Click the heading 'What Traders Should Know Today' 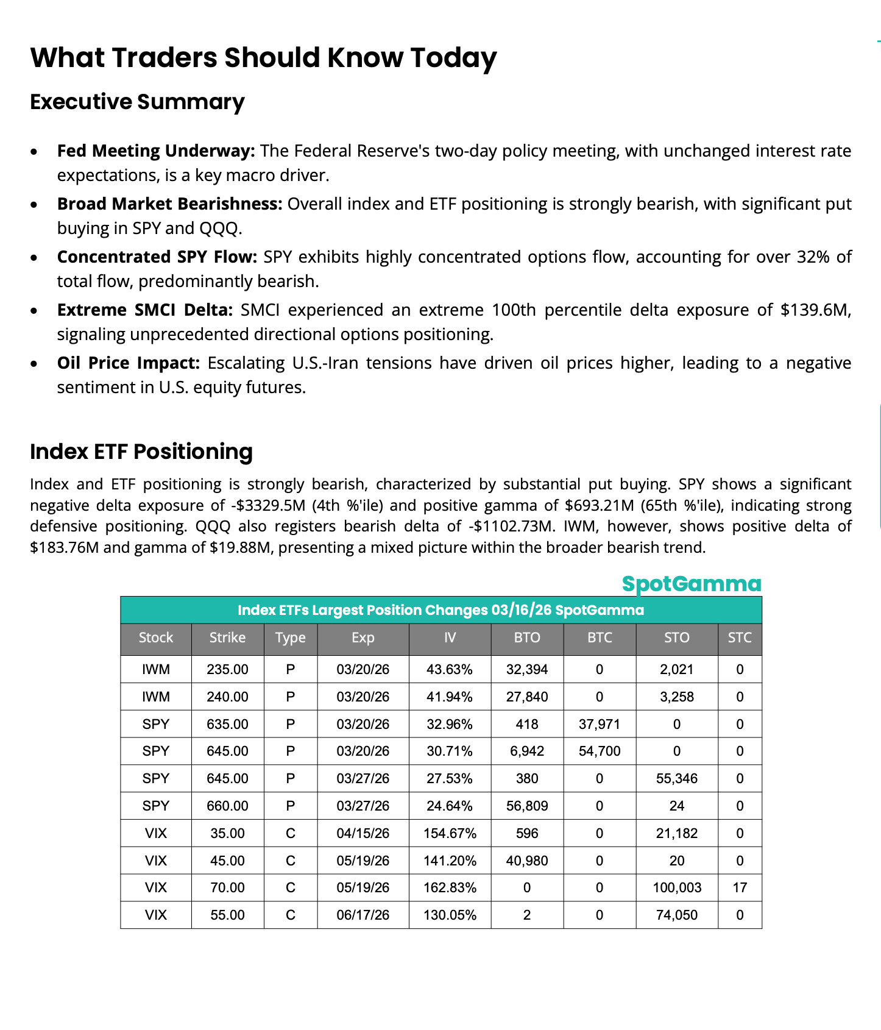[263, 58]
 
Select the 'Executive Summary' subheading [137, 102]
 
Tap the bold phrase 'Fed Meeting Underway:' [156, 151]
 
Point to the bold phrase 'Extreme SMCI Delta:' [145, 310]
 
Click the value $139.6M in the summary [815, 310]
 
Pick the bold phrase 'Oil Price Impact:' [129, 363]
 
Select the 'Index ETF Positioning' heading [141, 452]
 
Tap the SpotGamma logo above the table [692, 583]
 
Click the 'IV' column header [450, 638]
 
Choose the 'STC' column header [740, 638]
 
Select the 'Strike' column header [227, 638]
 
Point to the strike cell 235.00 [227, 669]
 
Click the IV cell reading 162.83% [450, 887]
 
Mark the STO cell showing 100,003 [677, 887]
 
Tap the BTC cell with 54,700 [600, 751]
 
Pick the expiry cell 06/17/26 [363, 915]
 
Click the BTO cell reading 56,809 [527, 806]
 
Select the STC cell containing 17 [740, 887]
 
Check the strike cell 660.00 [227, 806]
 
